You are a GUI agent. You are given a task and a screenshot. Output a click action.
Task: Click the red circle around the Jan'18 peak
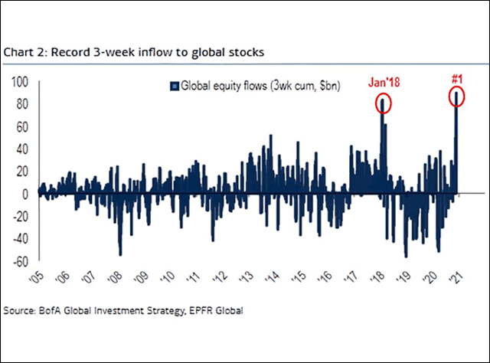[x=382, y=102]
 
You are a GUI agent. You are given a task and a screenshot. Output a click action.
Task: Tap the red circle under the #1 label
[x=457, y=96]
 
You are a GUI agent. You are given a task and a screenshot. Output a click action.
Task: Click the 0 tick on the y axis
[x=24, y=194]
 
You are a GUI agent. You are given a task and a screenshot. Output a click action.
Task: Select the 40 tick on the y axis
[x=21, y=149]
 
